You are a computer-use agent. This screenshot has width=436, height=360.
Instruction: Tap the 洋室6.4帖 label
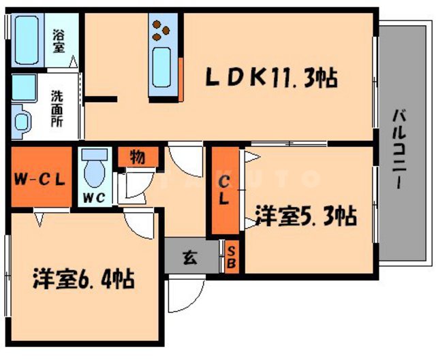pyautogui.click(x=84, y=278)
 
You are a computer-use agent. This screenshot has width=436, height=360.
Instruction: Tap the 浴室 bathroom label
pyautogui.click(x=59, y=39)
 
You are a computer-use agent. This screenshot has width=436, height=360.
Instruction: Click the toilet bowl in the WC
pyautogui.click(x=94, y=169)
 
